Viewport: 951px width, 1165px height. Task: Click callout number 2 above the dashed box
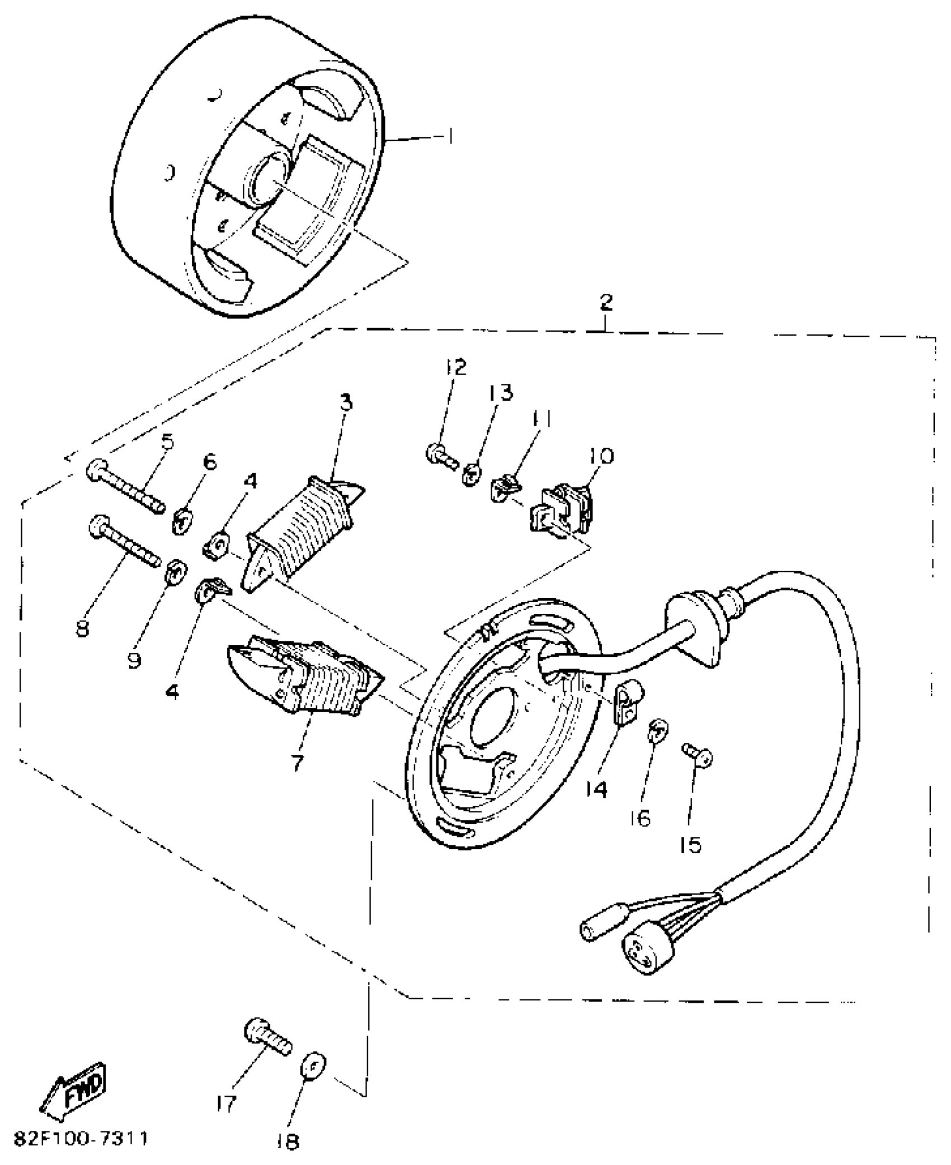click(606, 302)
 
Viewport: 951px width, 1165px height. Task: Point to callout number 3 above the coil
click(346, 402)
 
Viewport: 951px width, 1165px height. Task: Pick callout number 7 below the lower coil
click(296, 762)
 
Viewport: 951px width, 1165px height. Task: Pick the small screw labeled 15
click(697, 756)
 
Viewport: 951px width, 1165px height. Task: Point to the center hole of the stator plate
click(492, 719)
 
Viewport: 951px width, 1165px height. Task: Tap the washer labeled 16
click(658, 730)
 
